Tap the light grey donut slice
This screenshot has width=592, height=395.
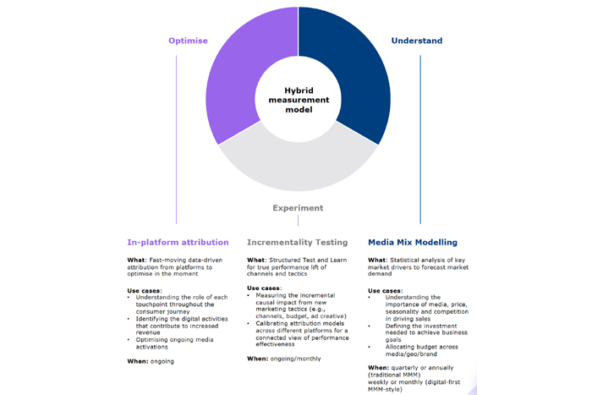point(298,166)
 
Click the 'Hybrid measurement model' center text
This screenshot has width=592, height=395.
point(299,100)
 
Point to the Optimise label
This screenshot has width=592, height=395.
point(188,41)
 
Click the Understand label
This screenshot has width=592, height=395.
point(417,41)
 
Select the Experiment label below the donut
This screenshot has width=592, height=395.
point(298,208)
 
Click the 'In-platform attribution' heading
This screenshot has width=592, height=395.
point(178,243)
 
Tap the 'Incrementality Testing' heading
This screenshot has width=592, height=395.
point(298,243)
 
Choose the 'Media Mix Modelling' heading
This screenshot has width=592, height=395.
point(413,243)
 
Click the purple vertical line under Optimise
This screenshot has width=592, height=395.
point(176,140)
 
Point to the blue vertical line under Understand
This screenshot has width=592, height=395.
point(420,140)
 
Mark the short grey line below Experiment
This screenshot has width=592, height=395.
point(298,221)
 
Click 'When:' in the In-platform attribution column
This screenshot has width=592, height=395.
point(138,361)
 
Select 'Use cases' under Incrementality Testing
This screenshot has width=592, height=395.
point(264,288)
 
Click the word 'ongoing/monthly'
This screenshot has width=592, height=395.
point(296,359)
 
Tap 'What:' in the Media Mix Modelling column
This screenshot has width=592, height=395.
point(378,261)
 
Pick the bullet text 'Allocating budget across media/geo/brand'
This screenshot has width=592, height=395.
point(422,350)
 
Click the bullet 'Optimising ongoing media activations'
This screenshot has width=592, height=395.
point(175,343)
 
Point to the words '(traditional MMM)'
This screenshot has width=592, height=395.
point(394,375)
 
